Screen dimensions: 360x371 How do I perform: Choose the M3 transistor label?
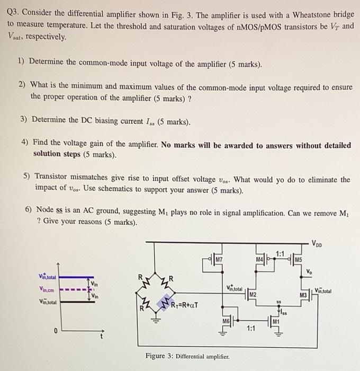coord(303,294)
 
